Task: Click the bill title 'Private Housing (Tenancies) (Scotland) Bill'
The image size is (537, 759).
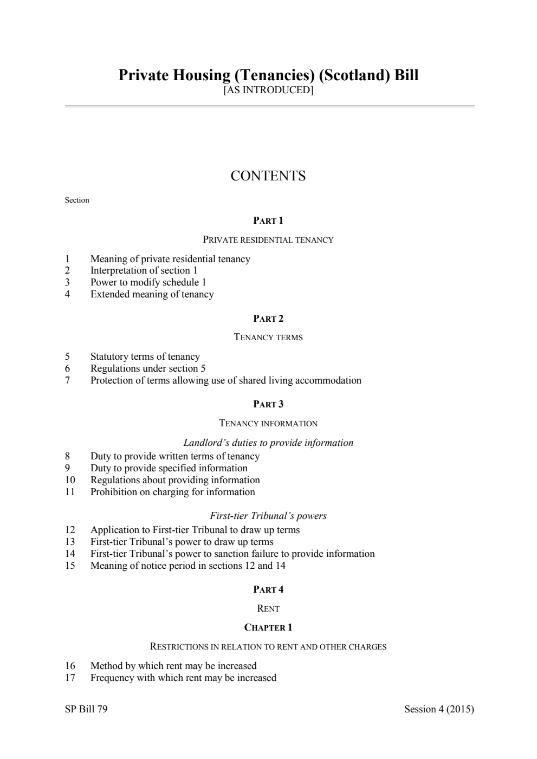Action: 268,75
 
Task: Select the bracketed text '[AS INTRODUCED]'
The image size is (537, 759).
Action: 268,90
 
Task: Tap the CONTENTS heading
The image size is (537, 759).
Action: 268,176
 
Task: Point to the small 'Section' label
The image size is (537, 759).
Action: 77,200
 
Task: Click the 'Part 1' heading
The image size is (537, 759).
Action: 268,220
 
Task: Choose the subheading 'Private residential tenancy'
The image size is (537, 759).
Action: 268,239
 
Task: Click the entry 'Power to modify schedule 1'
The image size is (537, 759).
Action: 148,282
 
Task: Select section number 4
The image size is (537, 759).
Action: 68,294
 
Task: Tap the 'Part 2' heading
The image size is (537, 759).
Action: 268,319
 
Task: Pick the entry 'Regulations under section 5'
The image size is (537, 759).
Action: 148,368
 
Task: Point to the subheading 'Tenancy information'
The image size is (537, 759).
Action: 268,423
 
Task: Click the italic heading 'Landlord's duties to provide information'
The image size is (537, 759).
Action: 268,443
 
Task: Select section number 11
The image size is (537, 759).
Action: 70,492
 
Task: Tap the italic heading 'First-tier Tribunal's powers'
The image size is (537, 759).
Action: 268,516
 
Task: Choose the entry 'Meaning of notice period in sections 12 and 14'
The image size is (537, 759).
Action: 187,566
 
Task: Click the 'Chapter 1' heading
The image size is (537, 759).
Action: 268,627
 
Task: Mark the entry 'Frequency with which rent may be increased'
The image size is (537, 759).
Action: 183,678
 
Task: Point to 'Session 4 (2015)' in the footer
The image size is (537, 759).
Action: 439,709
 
